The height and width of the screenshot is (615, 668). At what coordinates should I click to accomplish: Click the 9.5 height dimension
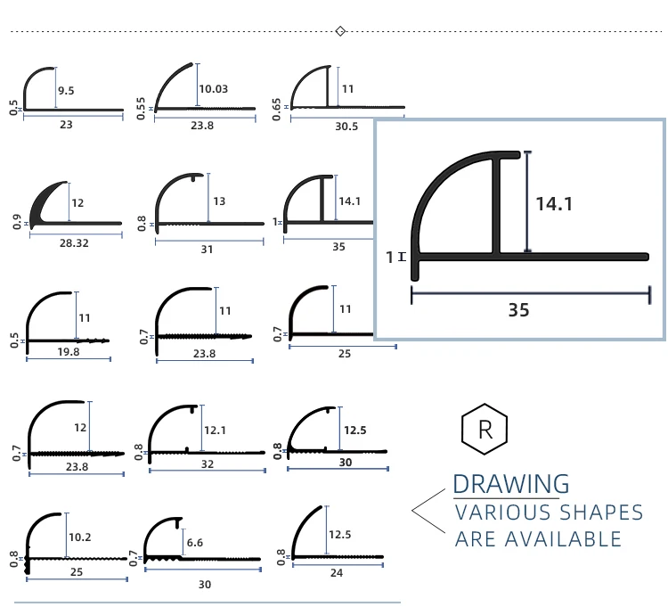click(x=66, y=91)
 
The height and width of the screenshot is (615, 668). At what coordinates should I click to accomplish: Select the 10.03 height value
click(x=214, y=89)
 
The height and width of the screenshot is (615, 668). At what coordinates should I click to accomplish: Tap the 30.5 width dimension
click(x=346, y=127)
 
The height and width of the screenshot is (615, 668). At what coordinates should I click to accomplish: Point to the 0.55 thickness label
click(x=141, y=109)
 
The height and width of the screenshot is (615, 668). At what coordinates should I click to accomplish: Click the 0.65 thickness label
click(x=276, y=110)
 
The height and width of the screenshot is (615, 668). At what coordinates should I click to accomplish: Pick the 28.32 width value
click(x=74, y=243)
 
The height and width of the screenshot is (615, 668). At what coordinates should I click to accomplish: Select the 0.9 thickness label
click(x=17, y=222)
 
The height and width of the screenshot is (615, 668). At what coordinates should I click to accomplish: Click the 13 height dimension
click(x=219, y=201)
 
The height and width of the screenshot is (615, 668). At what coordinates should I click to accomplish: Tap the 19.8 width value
click(x=69, y=352)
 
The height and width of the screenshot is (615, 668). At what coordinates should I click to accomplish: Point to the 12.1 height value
click(x=216, y=430)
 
